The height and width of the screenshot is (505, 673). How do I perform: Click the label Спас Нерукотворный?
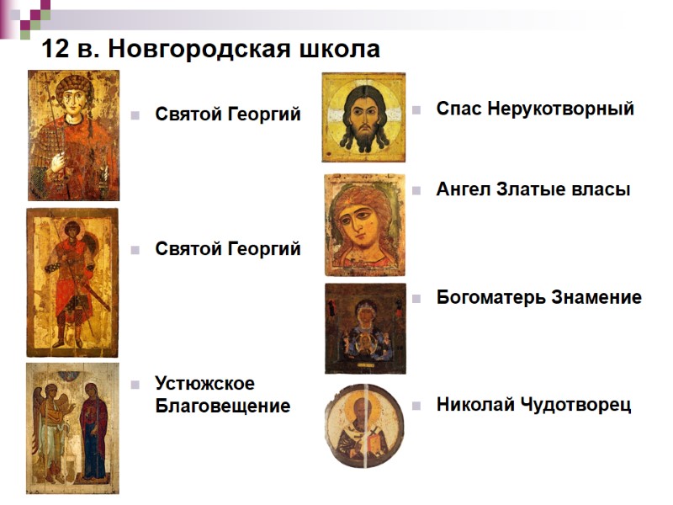[x=535, y=109]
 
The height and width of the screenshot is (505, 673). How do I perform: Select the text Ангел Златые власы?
[x=533, y=189]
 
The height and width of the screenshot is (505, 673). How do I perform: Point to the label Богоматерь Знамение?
[x=538, y=297]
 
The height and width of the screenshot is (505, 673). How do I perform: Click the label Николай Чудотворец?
[x=533, y=405]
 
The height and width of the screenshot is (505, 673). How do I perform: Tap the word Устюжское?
[x=204, y=384]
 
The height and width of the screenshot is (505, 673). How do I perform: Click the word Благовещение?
[x=222, y=406]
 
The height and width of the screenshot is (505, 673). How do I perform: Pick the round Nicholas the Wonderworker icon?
[x=364, y=426]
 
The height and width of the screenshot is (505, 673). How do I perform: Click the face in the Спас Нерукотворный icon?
[x=364, y=119]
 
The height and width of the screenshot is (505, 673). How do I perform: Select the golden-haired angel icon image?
[x=364, y=225]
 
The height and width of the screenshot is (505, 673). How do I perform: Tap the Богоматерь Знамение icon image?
[x=365, y=328]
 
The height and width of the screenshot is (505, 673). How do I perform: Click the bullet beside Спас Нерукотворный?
[x=416, y=109]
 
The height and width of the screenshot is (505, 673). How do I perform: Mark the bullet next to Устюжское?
[x=135, y=385]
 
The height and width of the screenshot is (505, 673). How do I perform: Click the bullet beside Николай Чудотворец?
[x=416, y=406]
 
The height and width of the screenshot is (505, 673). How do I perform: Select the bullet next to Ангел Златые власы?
[x=416, y=190]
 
